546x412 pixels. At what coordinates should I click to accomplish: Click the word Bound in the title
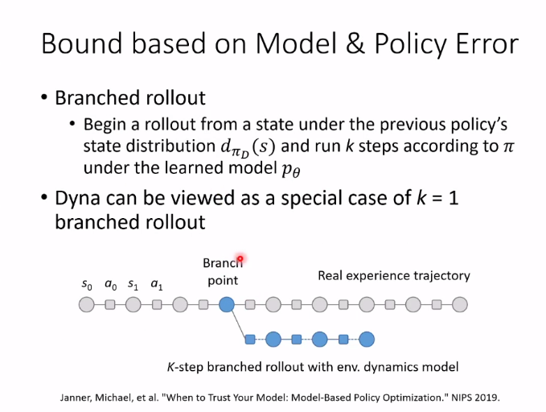[81, 43]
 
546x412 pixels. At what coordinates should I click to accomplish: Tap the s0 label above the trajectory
[86, 284]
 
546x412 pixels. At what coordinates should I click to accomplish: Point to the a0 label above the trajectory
[110, 284]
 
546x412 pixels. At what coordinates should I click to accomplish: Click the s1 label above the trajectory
[133, 284]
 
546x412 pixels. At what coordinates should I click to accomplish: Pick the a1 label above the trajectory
[157, 284]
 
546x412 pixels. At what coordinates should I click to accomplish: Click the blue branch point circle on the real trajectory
[227, 304]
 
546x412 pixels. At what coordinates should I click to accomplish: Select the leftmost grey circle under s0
[86, 304]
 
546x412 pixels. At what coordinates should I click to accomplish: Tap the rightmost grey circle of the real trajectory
[460, 304]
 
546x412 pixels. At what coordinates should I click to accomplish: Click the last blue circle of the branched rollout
[367, 339]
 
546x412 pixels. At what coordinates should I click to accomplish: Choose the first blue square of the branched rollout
[250, 339]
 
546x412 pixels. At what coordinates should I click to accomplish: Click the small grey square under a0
[110, 304]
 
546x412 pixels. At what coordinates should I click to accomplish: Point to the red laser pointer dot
[240, 258]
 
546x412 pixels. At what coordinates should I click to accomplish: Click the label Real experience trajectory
[393, 276]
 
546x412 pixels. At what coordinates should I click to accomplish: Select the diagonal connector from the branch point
[238, 321]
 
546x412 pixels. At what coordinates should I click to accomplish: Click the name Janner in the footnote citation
[78, 398]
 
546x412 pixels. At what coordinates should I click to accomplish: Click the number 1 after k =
[454, 198]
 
